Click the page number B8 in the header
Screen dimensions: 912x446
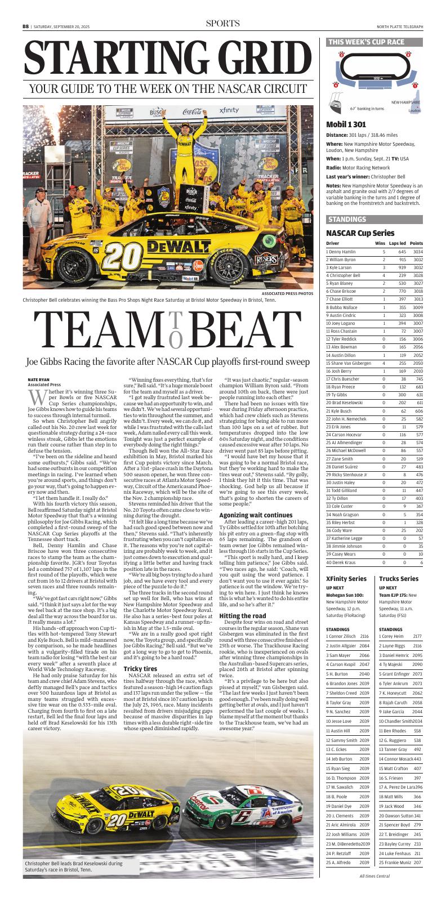(x=25, y=26)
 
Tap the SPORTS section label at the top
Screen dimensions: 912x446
(x=222, y=24)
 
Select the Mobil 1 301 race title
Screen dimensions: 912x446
(x=346, y=124)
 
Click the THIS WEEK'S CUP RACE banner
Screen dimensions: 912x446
(x=366, y=42)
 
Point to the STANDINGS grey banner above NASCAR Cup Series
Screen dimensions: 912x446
(x=347, y=219)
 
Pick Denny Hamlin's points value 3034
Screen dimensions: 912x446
(x=417, y=252)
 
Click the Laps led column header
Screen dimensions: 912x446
(x=398, y=243)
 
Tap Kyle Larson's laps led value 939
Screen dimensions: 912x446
(x=402, y=267)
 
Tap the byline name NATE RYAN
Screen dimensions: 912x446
(x=38, y=380)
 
